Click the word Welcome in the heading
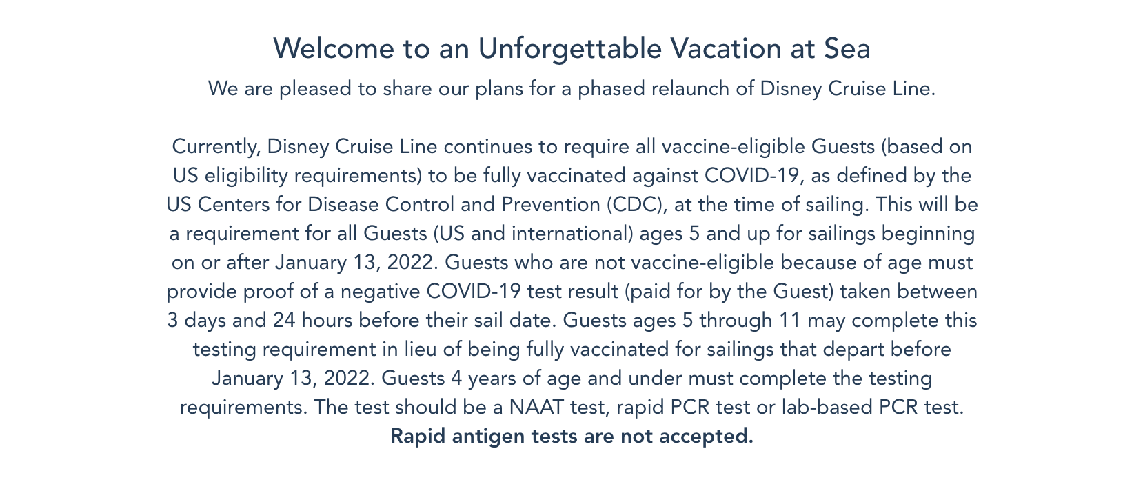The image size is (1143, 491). (x=334, y=49)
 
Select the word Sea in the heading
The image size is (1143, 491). (x=847, y=49)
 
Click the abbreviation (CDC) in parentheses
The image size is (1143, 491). (x=637, y=205)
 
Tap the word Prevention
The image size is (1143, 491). (x=551, y=204)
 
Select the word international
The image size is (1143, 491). (x=572, y=233)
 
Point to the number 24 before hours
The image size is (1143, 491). (x=284, y=321)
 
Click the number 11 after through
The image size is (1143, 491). (x=790, y=321)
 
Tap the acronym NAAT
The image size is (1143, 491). (x=536, y=408)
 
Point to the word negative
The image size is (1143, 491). (x=380, y=292)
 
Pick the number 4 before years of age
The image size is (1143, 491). (x=456, y=379)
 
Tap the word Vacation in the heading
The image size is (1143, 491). (x=726, y=49)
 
